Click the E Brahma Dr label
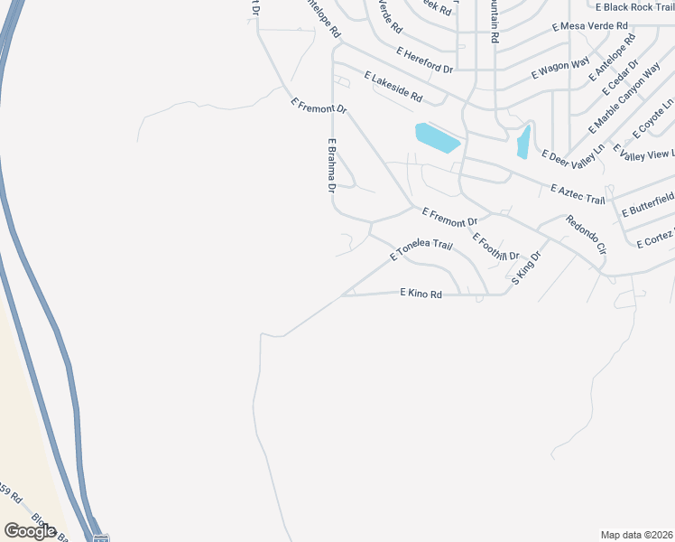332,165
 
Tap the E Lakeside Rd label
393,86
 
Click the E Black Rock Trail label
634,7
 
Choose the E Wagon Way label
560,66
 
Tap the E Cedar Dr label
623,76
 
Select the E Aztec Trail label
578,193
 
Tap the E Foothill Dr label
497,247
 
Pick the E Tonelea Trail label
421,250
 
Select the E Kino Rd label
421,294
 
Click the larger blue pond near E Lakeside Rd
438,137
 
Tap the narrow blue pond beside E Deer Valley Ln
522,142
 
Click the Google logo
31,530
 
